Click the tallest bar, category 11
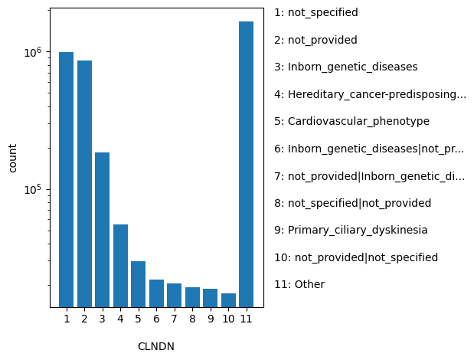click(246, 165)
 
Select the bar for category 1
click(67, 180)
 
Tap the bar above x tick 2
click(84, 184)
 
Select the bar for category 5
click(138, 284)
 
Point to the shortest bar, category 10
click(228, 300)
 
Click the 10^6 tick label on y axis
click(32, 53)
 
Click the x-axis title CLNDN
click(156, 346)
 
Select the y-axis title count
click(12, 158)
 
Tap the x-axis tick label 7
click(174, 319)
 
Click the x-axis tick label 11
click(246, 319)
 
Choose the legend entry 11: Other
click(299, 285)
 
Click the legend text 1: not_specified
click(316, 13)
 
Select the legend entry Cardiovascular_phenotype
click(351, 122)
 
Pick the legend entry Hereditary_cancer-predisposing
click(370, 95)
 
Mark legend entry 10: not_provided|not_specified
click(356, 258)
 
